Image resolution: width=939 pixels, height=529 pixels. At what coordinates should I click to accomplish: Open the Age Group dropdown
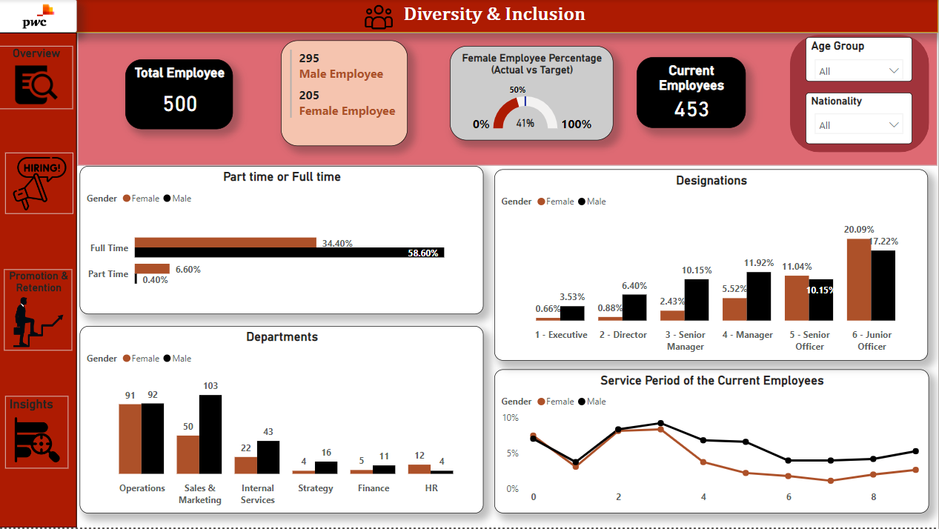(x=859, y=71)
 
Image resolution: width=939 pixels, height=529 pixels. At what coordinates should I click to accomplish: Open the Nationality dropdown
(x=859, y=125)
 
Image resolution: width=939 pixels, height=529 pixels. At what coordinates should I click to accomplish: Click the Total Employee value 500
(x=180, y=104)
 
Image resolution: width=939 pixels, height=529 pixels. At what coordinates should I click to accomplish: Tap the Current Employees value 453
(x=691, y=110)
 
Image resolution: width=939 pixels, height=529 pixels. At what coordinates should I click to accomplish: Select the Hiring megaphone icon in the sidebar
(x=39, y=183)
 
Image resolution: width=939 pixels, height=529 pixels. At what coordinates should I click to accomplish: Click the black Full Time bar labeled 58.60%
(x=289, y=253)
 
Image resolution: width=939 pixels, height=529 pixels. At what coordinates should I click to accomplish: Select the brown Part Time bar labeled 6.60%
(x=152, y=269)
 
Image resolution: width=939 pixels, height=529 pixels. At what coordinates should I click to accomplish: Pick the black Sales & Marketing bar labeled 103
(x=210, y=434)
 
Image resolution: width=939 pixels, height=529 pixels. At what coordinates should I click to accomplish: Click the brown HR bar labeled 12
(x=419, y=469)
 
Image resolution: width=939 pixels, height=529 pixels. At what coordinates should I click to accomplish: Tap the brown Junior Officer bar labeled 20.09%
(x=858, y=279)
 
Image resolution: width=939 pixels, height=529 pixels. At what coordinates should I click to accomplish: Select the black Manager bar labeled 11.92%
(x=758, y=296)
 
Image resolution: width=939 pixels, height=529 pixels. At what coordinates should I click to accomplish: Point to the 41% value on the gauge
(x=525, y=124)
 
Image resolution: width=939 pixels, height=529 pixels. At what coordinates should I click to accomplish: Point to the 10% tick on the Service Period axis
(x=510, y=418)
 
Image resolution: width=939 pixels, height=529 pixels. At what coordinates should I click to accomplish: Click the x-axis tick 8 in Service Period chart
(x=873, y=497)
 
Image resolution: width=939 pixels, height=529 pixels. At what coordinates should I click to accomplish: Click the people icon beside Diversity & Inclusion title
(x=379, y=16)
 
